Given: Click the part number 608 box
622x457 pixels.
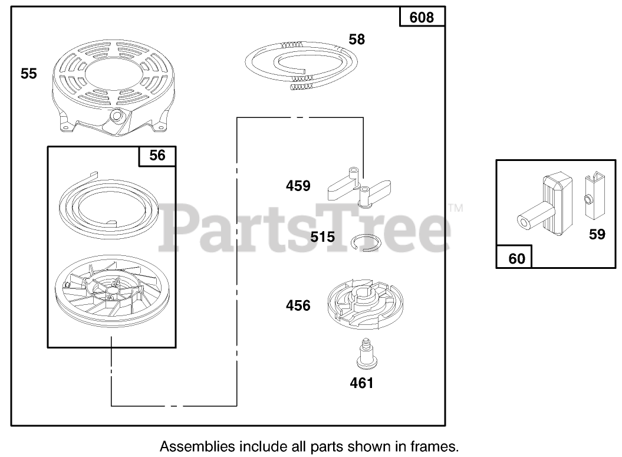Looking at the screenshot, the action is [x=422, y=17].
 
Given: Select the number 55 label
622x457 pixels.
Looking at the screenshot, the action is [x=29, y=74].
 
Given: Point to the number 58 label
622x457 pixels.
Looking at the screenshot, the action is [x=357, y=40].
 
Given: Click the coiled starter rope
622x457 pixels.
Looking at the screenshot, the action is [x=301, y=62].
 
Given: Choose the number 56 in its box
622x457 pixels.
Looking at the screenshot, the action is [x=157, y=156].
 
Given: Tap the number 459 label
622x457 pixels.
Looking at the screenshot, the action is [x=298, y=186].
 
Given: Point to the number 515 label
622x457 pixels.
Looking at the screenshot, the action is [x=322, y=237].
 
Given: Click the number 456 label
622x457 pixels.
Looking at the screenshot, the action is [x=298, y=305].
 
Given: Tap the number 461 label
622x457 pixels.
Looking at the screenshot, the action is [x=362, y=383].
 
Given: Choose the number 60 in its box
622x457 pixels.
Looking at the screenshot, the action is [x=516, y=258].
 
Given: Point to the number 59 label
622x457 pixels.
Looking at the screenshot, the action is [x=597, y=235].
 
